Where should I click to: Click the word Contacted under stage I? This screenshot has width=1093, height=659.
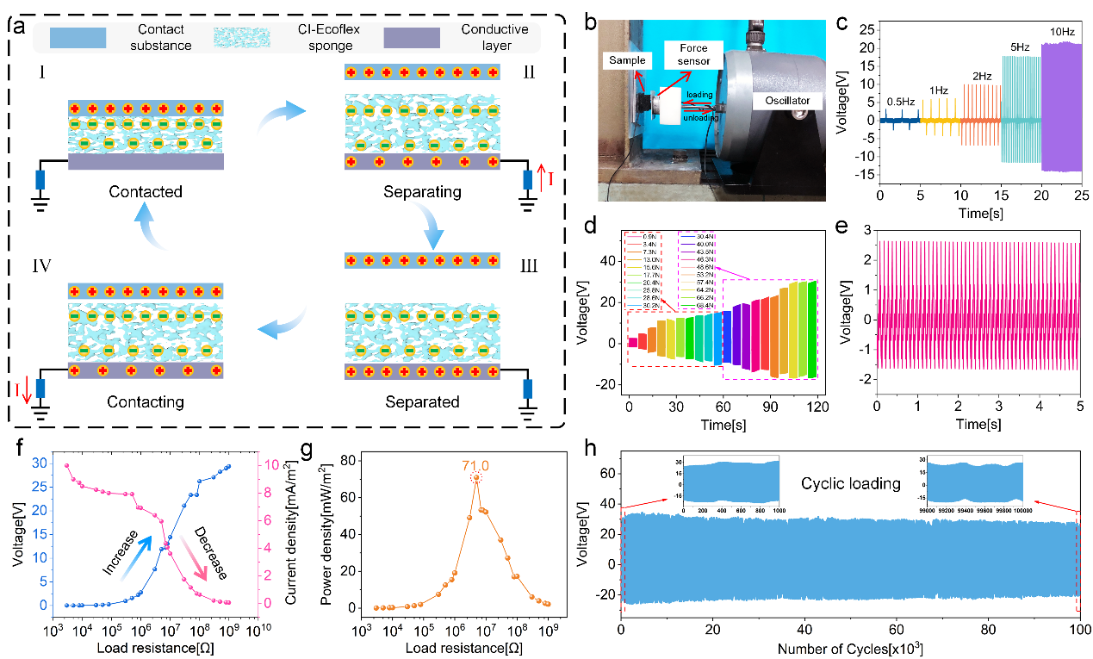coord(146,192)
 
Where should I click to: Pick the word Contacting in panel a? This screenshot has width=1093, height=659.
coord(146,401)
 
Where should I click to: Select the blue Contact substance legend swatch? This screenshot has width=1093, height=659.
coord(77,38)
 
